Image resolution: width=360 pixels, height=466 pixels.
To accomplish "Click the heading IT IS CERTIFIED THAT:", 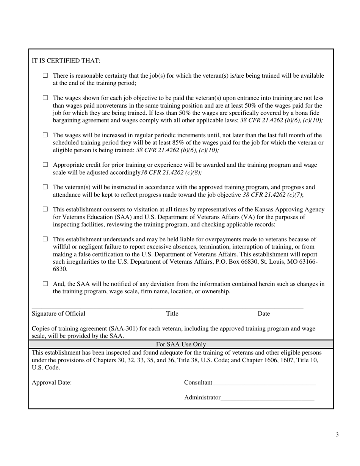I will pos(66,61).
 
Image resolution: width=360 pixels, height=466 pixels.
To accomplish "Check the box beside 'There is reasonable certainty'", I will pos(45,75).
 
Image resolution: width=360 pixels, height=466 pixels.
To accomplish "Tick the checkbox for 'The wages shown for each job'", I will pos(45,98).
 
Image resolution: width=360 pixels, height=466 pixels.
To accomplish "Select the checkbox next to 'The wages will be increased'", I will pos(45,135).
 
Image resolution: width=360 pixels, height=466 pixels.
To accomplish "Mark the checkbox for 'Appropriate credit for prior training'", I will pos(45,165).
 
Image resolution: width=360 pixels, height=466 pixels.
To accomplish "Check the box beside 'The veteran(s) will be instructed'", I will pos(45,187).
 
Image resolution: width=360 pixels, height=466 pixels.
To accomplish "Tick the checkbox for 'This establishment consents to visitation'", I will pos(45,209).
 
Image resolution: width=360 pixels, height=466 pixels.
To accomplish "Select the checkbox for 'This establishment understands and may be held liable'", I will pos(45,239).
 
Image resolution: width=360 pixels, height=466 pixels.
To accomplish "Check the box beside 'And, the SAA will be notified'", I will pos(45,284).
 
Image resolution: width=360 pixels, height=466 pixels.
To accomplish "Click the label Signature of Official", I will pos(58,314).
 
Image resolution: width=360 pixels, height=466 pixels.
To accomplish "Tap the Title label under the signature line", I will pos(172,314).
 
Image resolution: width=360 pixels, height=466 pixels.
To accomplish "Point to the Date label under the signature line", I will pos(264,314).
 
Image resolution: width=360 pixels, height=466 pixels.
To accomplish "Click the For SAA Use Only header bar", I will pos(181,344).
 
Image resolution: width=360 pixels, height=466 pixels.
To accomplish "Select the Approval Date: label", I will pos(52,383).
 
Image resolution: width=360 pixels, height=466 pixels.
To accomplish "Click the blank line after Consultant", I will pos(264,383).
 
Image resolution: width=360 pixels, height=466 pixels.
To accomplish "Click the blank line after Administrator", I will pos(267,398).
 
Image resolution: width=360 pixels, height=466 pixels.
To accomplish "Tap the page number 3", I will pos(337,435).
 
